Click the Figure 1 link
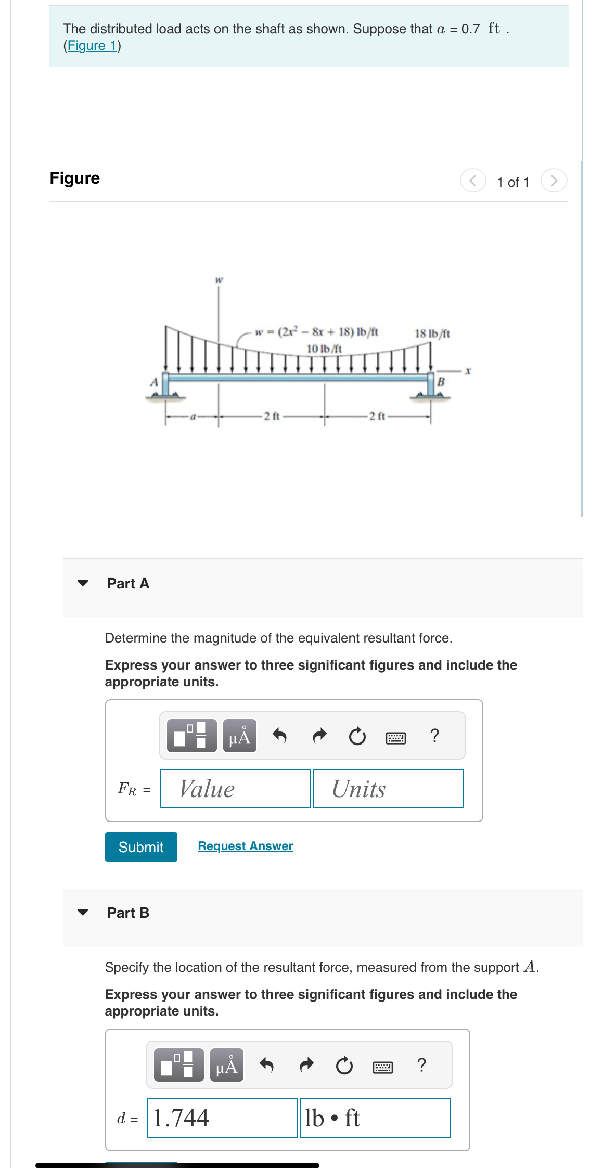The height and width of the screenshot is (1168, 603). pos(93,46)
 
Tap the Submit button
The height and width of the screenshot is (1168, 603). pos(141,847)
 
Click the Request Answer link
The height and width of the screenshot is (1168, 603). pos(246,846)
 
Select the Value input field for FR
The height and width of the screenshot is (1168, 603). pos(235,789)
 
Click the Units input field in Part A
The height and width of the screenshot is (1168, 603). pos(388,789)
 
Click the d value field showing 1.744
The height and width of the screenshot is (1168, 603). pos(222,1118)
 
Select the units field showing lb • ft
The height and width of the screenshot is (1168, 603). pos(375,1118)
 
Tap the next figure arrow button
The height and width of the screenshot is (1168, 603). pos(554,181)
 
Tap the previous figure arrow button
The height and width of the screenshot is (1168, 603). pos(473,181)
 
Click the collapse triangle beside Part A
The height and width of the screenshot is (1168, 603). pos(83,583)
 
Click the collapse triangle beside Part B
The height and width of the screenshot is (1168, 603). pos(83,913)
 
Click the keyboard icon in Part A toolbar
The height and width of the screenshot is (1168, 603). pos(396,737)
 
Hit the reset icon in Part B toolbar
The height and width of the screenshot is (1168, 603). pos(344,1066)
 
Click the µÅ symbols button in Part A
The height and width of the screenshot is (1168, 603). pos(239,736)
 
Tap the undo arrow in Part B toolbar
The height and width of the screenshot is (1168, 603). pos(266,1066)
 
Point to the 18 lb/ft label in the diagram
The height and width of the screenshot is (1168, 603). pos(432,333)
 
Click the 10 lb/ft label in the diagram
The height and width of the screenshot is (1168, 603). pos(324,349)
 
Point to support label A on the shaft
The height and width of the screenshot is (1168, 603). pos(153,382)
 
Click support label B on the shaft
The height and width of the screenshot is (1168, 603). pos(441,382)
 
